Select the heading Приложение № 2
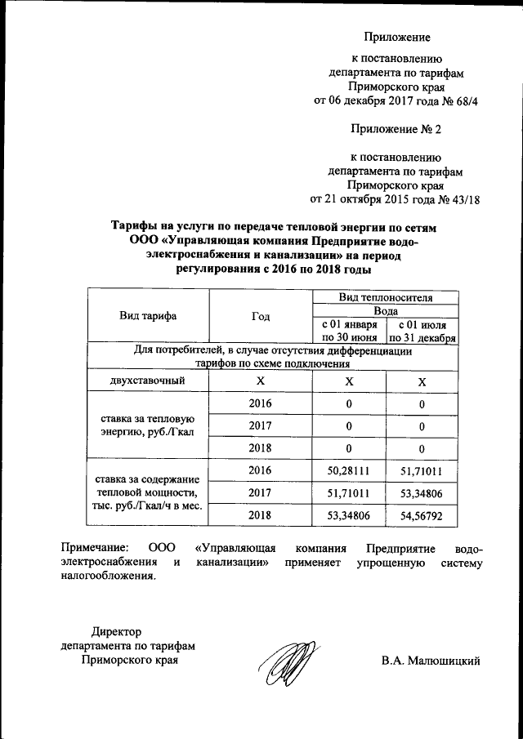pos(396,129)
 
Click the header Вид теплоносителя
pos(386,296)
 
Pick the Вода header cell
pos(386,311)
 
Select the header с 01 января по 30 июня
pos(349,330)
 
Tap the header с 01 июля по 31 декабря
pos(422,330)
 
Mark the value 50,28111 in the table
pos(349,471)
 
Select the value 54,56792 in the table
pos(422,517)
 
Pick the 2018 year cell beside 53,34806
pos(261,517)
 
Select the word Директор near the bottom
pos(116,631)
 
